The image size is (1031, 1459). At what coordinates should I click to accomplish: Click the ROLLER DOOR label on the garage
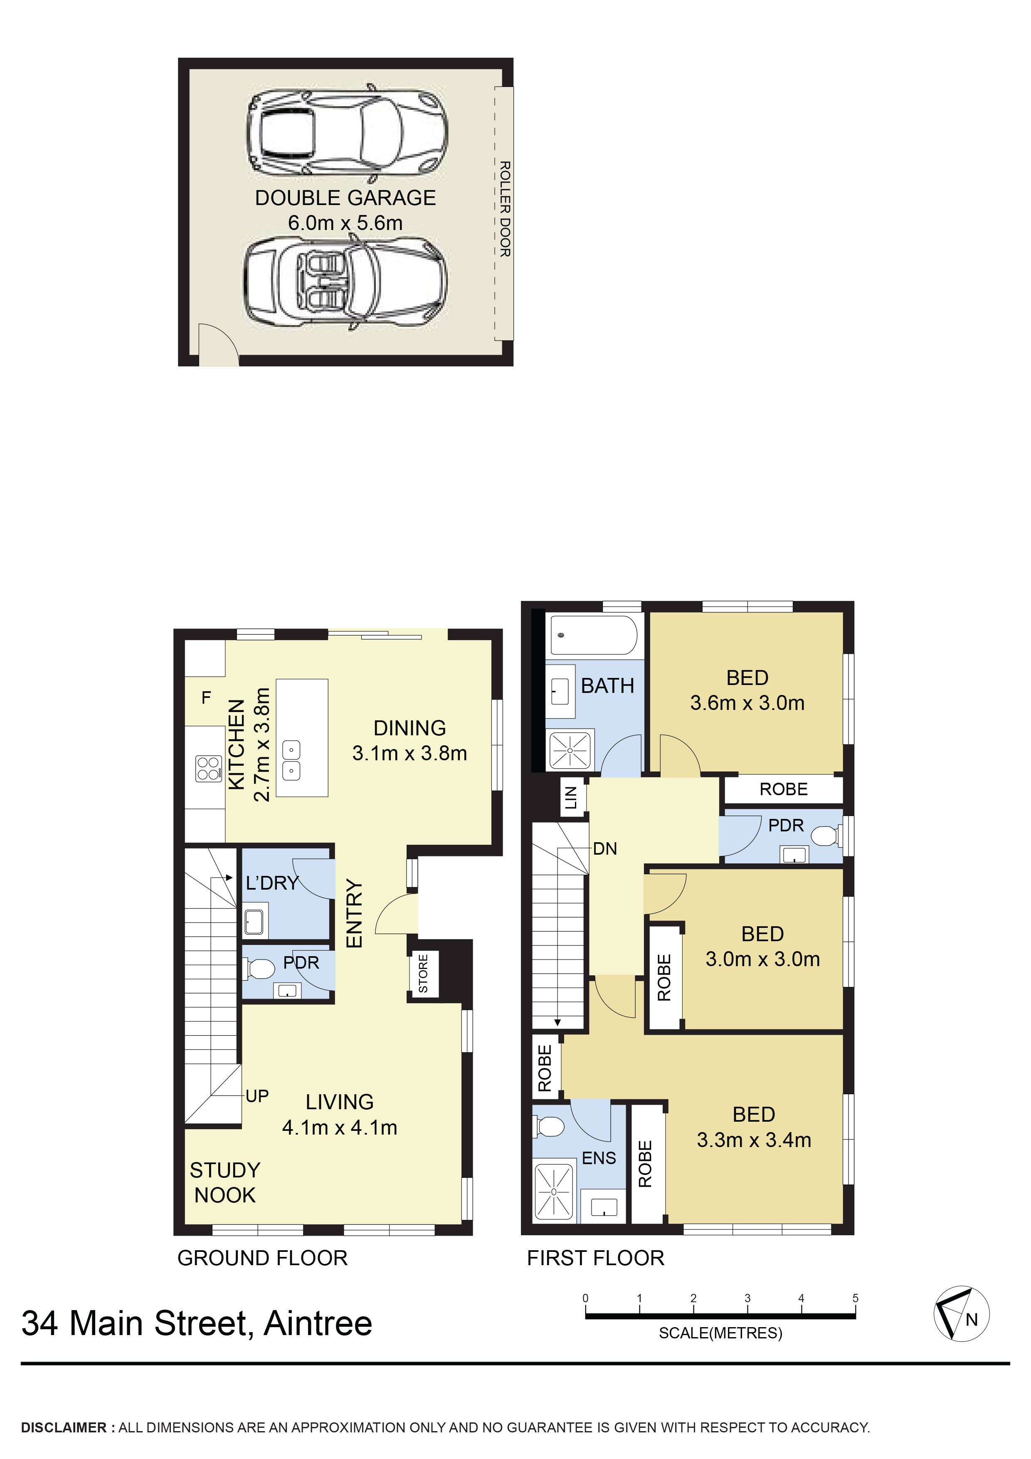[x=504, y=209]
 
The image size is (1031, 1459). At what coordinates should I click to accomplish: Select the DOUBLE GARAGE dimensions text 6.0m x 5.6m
[x=345, y=223]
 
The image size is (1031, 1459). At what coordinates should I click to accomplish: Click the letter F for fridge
[x=206, y=698]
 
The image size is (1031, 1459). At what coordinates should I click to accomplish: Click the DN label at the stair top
[x=605, y=849]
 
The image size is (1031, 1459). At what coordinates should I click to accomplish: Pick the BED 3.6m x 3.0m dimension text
[x=747, y=703]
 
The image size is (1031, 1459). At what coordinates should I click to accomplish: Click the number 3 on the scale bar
[x=747, y=1298]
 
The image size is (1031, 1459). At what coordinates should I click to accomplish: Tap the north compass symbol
[x=960, y=1314]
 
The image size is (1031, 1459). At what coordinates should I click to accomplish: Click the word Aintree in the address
[x=318, y=1324]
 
